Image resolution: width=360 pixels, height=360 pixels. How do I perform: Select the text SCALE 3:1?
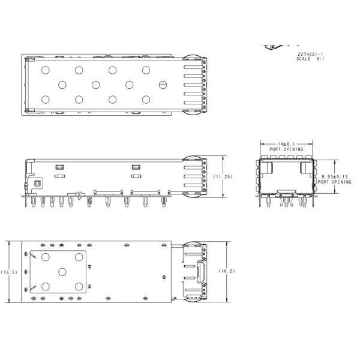311,59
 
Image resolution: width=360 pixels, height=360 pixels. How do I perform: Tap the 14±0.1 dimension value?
285,144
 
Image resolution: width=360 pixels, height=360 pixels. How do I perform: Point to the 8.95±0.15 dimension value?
335,176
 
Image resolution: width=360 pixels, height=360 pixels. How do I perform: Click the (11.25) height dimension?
223,176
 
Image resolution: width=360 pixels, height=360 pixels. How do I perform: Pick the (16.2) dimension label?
226,271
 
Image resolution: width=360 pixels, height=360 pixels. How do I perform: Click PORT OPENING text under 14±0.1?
286,149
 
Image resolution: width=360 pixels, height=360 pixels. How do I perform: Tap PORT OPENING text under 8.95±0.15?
335,182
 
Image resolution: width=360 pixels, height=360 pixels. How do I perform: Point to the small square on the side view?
37,182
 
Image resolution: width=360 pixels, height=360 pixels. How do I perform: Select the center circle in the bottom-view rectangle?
62,271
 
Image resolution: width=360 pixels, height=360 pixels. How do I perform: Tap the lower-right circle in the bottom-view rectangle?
79,286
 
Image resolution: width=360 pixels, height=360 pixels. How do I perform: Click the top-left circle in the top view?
45,70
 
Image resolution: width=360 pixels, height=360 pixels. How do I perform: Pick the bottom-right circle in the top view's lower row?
146,99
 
